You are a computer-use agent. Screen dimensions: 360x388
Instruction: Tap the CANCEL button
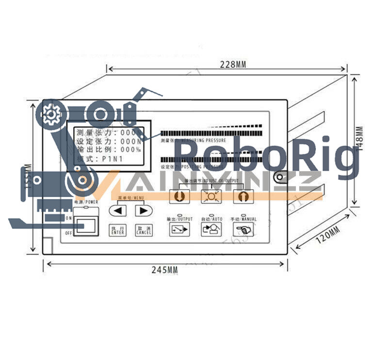coord(144,230)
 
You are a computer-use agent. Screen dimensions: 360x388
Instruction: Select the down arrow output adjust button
coord(178,196)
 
